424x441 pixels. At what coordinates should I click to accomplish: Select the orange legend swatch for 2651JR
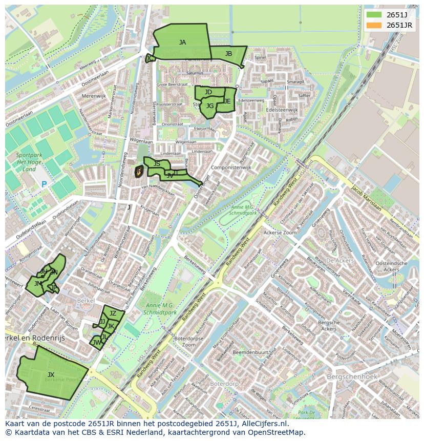coord(374,25)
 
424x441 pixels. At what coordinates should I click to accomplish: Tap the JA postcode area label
coord(182,43)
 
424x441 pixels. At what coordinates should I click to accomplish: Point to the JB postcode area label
coord(228,54)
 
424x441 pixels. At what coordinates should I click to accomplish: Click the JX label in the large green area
coord(51,375)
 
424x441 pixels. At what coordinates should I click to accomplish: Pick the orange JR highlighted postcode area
coord(138,172)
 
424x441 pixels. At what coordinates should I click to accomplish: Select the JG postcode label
coord(209,106)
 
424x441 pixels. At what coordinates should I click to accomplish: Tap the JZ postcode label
coord(113,313)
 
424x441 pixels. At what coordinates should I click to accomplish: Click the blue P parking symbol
coord(44,184)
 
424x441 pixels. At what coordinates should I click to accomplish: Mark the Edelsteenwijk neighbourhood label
coord(282,110)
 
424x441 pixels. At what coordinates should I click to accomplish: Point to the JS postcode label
coord(157,164)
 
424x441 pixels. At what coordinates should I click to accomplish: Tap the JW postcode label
coord(96,342)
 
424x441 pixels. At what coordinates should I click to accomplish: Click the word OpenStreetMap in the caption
coord(278,432)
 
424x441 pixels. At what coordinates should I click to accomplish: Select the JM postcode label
coord(38,283)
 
